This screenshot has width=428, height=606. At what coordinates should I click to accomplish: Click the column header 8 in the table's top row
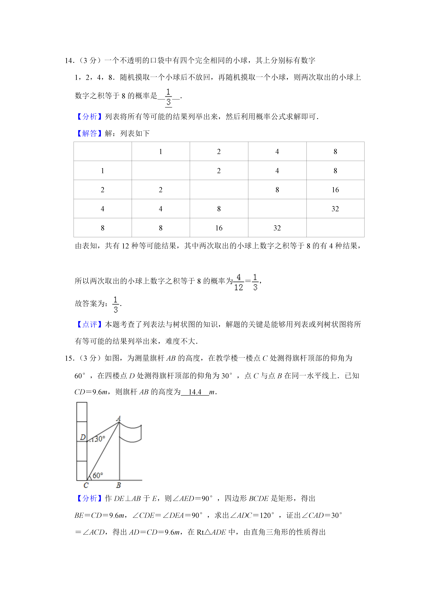click(335, 152)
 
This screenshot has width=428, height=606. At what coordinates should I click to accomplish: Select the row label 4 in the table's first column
click(102, 209)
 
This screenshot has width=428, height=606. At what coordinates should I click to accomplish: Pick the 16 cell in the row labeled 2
click(335, 190)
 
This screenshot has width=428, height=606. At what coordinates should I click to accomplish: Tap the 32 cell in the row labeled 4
click(335, 209)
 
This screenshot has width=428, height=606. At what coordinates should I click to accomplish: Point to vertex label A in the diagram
click(119, 419)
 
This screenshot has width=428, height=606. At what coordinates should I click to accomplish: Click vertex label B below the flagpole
click(119, 485)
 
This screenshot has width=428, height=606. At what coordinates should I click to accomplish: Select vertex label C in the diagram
click(86, 485)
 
